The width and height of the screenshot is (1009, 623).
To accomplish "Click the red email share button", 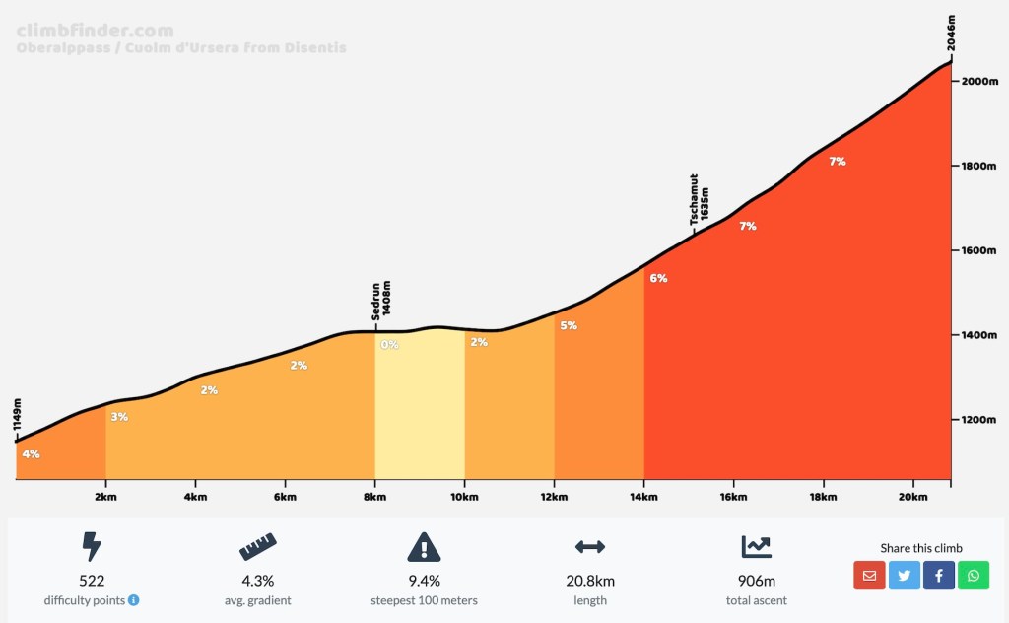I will coord(869,575).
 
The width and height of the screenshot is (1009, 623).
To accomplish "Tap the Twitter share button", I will coord(904,575).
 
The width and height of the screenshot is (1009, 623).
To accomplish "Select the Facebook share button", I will coord(938,575).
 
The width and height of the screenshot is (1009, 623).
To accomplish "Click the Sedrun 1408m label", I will coord(381,301).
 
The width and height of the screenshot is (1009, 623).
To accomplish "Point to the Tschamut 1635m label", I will coord(700,200).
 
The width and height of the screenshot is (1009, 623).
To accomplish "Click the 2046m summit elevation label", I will coord(952,33).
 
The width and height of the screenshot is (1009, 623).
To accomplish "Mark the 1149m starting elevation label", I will coord(18,417).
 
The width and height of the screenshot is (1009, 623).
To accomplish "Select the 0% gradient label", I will coord(390,345).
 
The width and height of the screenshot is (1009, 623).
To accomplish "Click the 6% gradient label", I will coord(658,278).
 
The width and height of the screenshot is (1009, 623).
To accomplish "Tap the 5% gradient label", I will coord(569,325).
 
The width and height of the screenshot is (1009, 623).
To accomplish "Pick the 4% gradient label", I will coord(31,454).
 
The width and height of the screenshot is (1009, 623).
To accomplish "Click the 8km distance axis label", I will coord(374,496).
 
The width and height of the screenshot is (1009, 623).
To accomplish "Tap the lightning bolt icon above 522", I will coord(92,546).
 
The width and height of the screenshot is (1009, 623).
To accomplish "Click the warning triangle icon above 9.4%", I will coord(424,546).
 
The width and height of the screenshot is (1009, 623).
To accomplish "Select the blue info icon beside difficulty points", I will coord(134,599).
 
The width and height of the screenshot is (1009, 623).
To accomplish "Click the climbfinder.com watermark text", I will coord(95,31).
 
